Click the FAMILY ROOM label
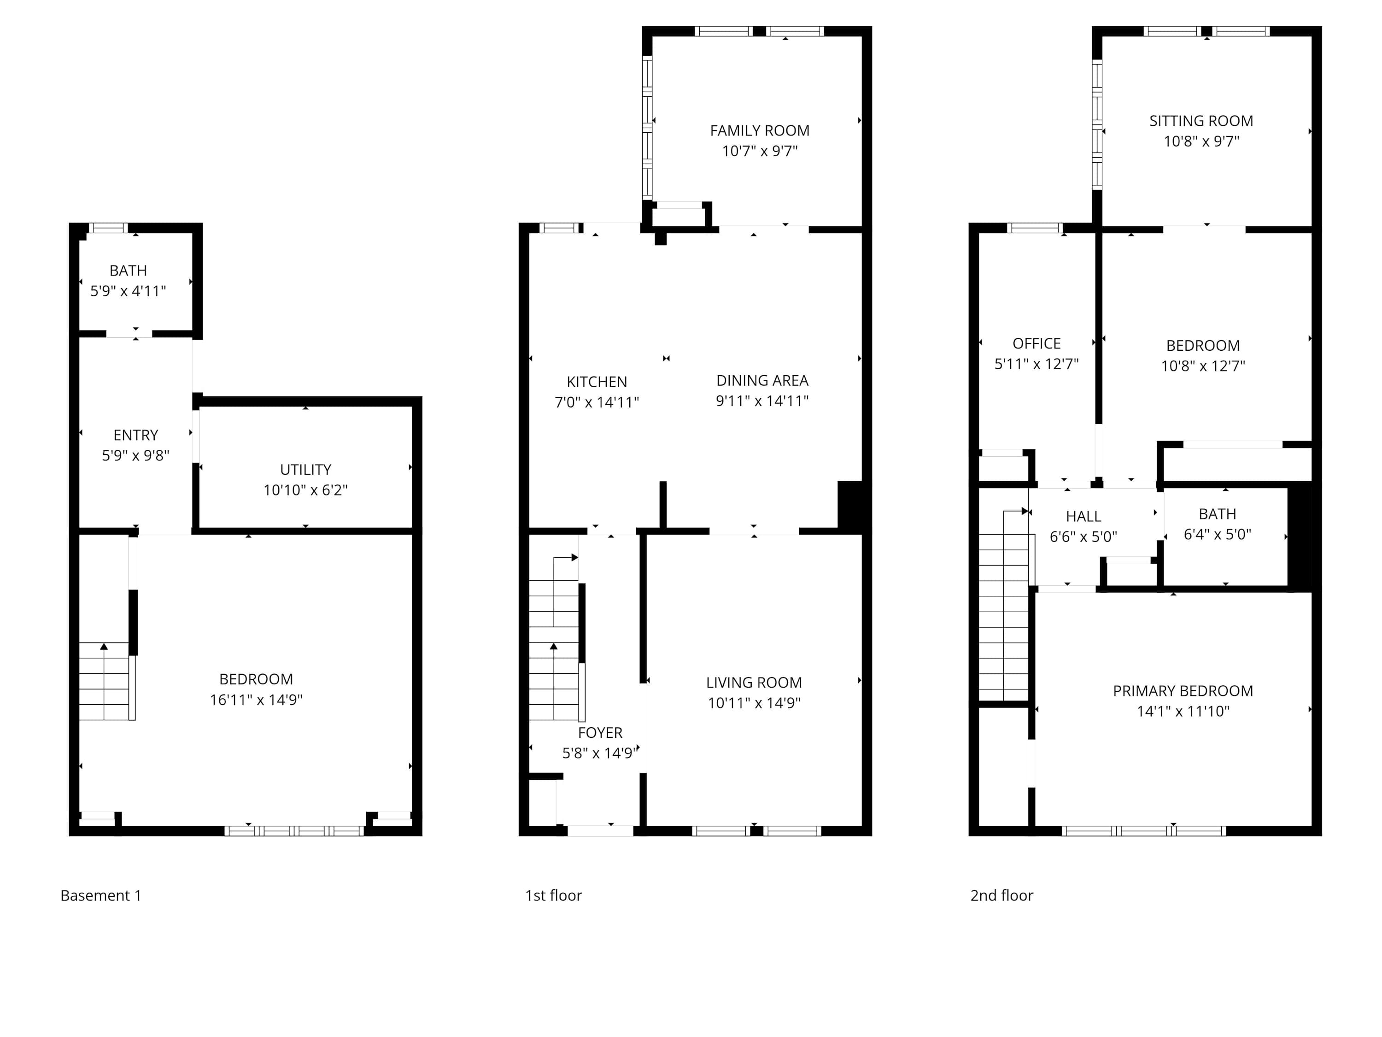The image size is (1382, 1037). [760, 130]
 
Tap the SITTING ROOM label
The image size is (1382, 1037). [1201, 121]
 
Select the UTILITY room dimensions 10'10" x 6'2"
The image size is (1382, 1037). [305, 490]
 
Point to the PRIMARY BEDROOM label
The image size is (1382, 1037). [1183, 691]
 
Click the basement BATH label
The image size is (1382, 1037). [128, 271]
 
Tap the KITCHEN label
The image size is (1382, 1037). [597, 382]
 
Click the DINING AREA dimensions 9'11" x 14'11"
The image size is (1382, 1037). [762, 401]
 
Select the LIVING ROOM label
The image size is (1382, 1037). [754, 683]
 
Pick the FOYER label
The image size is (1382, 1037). [600, 733]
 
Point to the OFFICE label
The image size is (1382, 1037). [1036, 343]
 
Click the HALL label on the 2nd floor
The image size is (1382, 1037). [1083, 516]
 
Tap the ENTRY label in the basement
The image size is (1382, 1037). [135, 435]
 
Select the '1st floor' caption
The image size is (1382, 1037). [554, 895]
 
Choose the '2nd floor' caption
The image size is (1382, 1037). [1001, 895]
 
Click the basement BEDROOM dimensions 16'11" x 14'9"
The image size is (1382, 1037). [256, 700]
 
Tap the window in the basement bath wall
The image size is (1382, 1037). [108, 228]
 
